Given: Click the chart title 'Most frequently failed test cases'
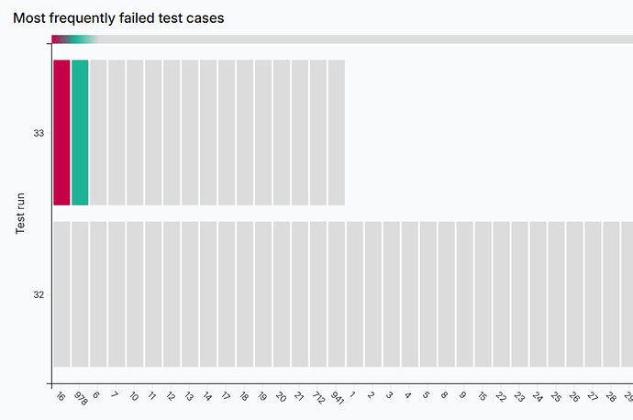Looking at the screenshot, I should [118, 17].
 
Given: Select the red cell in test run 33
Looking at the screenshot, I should [61, 132].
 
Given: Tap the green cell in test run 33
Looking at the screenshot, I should [80, 132].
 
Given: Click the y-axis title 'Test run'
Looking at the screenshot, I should [20, 213].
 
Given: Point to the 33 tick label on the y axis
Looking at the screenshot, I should [39, 133].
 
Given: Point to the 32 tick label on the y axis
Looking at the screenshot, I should [39, 295].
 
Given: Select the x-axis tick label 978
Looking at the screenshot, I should [79, 398].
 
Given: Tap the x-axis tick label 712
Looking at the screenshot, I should [316, 398].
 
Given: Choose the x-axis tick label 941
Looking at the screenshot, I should [335, 398].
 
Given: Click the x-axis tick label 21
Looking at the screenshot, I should [299, 397].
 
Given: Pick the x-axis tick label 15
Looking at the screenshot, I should [483, 397].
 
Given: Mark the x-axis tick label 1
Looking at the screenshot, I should [354, 396].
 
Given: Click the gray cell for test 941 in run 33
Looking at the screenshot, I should [337, 132].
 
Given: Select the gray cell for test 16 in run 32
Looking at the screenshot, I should [61, 293].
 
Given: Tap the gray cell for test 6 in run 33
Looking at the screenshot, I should [98, 132].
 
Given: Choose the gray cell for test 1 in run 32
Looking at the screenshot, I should [355, 293].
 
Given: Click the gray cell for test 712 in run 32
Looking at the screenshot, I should [318, 293].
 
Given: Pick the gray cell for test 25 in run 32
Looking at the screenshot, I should [557, 293].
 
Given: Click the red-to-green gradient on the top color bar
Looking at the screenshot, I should [73, 39].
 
